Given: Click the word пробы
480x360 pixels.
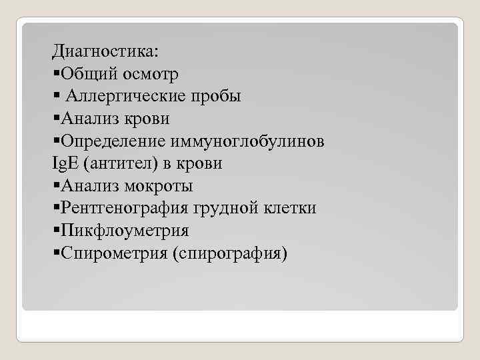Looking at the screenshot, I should point(217,96).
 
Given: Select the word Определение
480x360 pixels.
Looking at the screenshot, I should point(113,141).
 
